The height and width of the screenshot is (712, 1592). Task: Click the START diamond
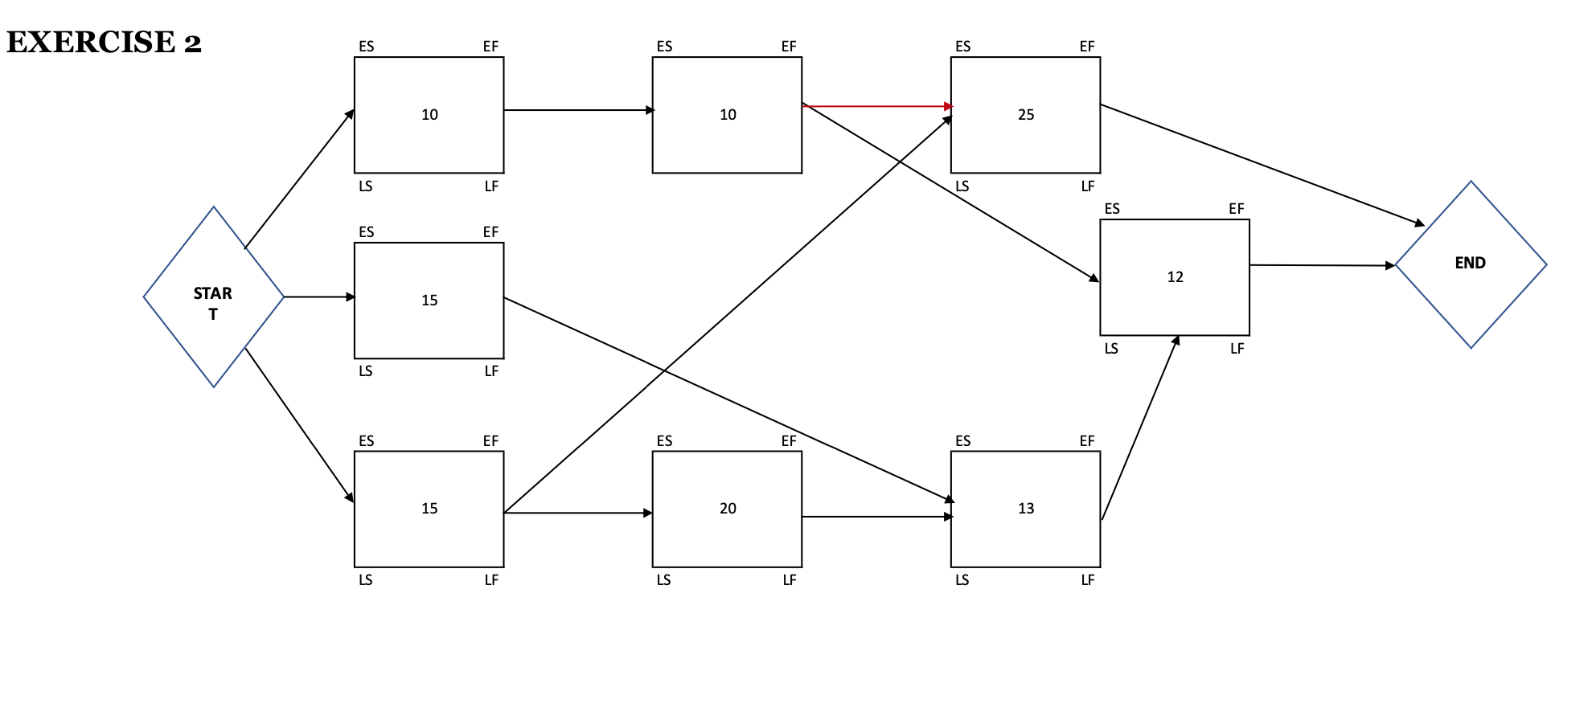213,297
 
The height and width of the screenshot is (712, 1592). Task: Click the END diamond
1471,264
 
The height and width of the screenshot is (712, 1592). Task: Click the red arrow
876,106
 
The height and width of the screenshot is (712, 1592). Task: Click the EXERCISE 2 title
104,42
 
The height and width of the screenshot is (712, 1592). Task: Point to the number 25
1026,115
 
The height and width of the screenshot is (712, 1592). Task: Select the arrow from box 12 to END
1322,265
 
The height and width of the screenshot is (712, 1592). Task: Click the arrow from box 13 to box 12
1139,428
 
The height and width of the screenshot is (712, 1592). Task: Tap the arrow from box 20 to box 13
876,517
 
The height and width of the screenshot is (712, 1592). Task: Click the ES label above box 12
1112,209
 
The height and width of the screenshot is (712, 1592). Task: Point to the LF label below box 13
1088,580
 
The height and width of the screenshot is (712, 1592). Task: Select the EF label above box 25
1087,47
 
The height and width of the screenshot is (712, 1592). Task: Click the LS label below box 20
663,580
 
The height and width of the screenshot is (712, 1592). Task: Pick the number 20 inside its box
728,509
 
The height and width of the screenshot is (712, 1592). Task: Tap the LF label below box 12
1237,349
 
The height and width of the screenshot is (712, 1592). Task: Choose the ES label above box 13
962,441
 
